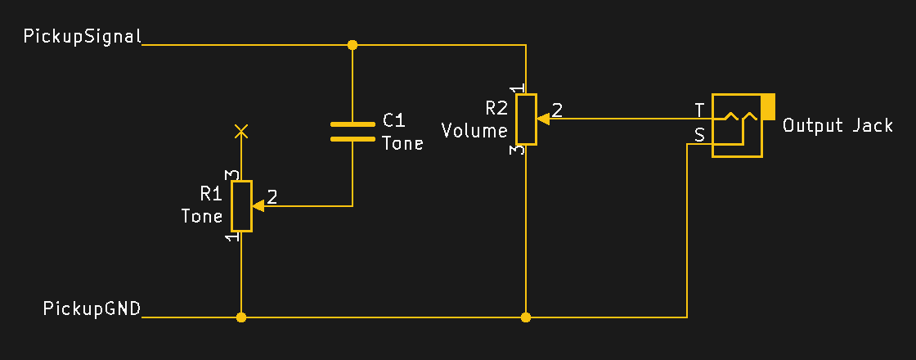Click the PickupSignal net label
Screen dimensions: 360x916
[x=83, y=37]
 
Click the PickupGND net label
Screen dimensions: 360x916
[x=92, y=308]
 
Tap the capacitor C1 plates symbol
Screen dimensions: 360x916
[x=352, y=132]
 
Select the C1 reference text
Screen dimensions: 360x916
[x=394, y=121]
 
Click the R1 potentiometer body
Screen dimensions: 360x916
[x=241, y=206]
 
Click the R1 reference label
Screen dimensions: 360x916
[x=211, y=194]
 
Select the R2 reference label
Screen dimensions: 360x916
[x=496, y=108]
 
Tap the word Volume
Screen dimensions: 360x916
[x=474, y=130]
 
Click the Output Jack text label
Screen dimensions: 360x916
[x=837, y=126]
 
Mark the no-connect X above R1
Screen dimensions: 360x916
[x=241, y=130]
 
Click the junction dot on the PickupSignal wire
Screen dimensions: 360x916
[x=352, y=45]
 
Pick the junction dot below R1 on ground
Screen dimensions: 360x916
[x=241, y=317]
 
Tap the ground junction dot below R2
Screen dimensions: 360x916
[x=526, y=317]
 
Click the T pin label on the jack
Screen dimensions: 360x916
[x=699, y=110]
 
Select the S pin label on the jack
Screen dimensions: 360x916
[x=699, y=135]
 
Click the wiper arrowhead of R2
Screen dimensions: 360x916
[x=543, y=119]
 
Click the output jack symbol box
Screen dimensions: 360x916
[x=736, y=126]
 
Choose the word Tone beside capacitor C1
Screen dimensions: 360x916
[x=402, y=144]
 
